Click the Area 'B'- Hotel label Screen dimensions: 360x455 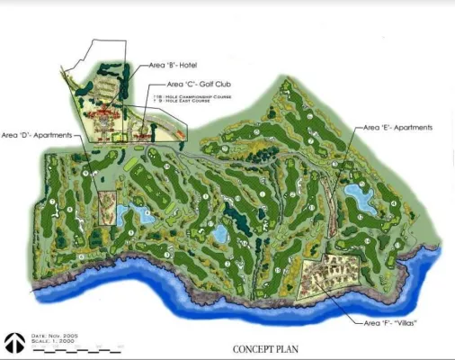[174, 65]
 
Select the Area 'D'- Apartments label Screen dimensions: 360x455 [36, 135]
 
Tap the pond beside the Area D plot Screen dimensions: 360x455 [136, 213]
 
